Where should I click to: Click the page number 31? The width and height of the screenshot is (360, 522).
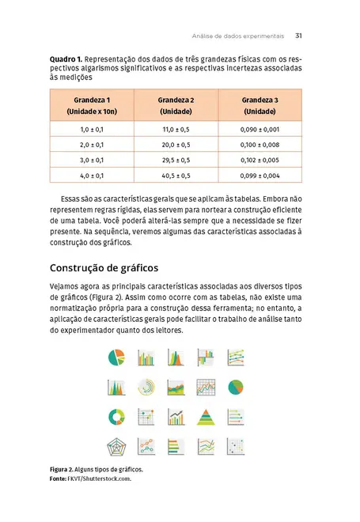tap(298, 36)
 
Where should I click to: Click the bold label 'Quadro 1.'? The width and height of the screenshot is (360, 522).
tap(66, 59)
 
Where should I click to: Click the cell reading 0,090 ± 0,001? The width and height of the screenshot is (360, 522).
tap(260, 129)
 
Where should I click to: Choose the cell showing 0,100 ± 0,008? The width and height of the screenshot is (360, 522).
tap(260, 145)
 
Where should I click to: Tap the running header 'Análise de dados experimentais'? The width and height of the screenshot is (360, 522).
tap(237, 36)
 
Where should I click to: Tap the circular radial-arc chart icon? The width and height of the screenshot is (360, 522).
tap(147, 388)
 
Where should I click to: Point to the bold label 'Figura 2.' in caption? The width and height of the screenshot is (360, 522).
tap(65, 469)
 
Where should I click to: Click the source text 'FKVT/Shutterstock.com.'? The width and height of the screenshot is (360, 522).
tap(99, 478)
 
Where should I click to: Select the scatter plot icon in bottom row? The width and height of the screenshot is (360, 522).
tap(147, 447)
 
